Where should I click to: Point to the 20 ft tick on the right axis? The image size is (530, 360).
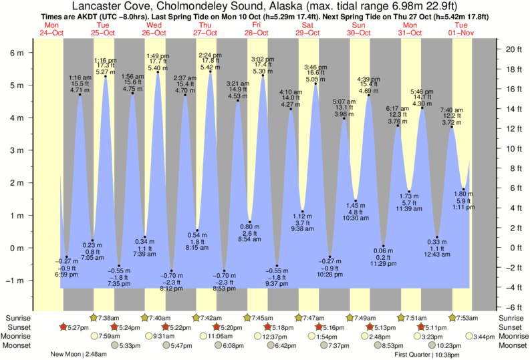pos(512,49)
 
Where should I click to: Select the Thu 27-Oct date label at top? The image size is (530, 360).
pos(205,28)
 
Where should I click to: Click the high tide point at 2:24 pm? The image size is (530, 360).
pos(211,71)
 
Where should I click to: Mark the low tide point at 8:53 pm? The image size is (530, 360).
pos(224,271)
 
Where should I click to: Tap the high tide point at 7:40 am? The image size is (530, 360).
pos(452,127)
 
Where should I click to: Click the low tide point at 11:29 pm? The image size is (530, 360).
pos(384,246)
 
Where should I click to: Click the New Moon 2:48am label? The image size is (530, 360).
pos(79,355)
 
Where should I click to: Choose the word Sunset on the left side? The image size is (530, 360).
pos(18,327)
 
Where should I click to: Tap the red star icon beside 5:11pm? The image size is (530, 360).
pos(420,327)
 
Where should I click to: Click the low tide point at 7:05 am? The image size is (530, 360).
pos(93,240)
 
